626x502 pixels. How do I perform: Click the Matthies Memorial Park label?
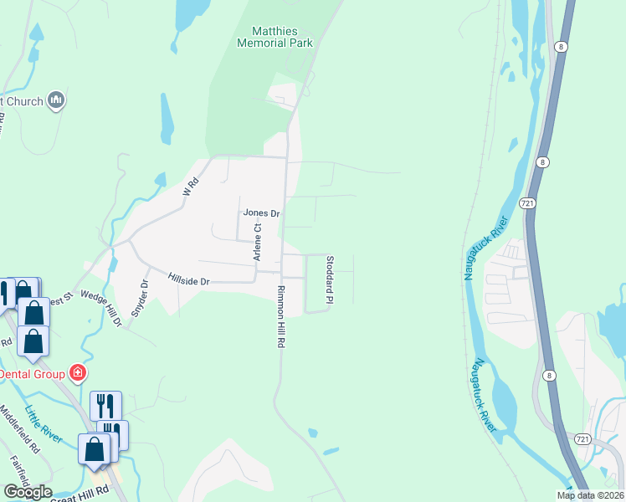(275, 36)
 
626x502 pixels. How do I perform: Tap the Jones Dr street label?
(261, 213)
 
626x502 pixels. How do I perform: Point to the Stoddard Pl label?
(331, 280)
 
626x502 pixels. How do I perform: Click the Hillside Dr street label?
(187, 281)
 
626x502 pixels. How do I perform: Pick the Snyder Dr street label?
(143, 295)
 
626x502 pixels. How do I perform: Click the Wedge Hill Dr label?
(100, 309)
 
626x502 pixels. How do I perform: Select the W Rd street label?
(191, 185)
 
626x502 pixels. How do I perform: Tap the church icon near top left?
(57, 101)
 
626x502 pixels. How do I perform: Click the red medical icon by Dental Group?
(78, 372)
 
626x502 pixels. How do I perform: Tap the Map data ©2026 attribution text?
(590, 495)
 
